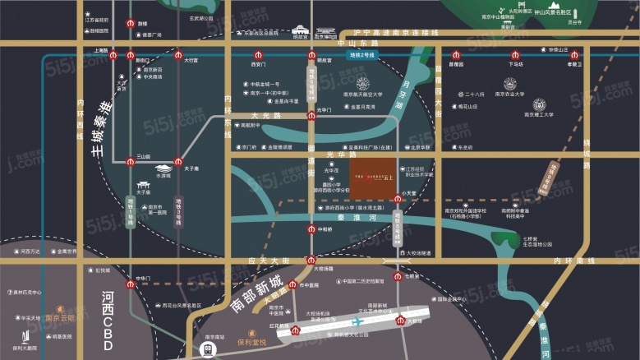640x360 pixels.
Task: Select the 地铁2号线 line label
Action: point(361,55)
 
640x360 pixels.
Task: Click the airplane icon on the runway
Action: point(357,323)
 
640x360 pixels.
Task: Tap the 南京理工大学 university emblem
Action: point(539,104)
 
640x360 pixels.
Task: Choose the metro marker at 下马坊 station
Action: point(515,55)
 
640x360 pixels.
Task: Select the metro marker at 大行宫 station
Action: point(179,55)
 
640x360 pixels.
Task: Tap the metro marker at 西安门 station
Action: point(259,55)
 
